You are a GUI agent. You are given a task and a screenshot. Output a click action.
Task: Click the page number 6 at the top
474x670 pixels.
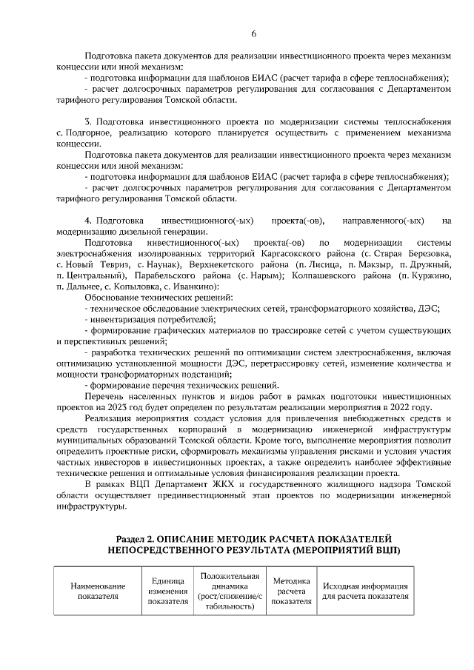point(253,34)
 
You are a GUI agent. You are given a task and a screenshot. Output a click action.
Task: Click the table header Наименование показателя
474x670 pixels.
point(98,591)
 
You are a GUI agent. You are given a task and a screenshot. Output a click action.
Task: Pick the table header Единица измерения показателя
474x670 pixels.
point(167,591)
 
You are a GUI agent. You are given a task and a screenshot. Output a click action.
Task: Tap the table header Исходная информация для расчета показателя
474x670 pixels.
point(365,591)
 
